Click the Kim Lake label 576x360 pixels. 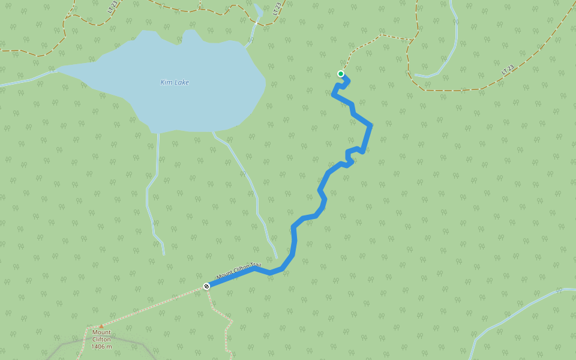coord(175,82)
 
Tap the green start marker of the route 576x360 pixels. coord(341,74)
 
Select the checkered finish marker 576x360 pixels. coord(206,286)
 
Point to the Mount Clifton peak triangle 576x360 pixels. coord(101,326)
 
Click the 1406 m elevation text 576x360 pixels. coord(101,346)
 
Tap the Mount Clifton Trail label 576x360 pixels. coord(238,271)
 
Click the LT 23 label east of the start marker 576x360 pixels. coord(507,70)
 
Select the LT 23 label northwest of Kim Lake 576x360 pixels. coord(112,7)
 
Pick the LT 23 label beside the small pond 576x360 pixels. coord(277,8)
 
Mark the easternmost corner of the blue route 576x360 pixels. coord(371,125)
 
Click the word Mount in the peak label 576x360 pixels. coord(101,332)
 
